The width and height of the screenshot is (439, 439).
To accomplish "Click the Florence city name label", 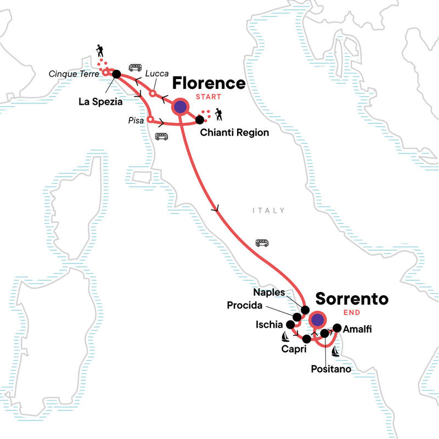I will (x=209, y=83).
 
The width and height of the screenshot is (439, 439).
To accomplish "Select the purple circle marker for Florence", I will (x=180, y=107).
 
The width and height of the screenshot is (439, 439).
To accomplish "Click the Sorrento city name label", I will (x=352, y=300).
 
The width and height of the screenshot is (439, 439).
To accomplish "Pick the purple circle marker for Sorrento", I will (x=316, y=319).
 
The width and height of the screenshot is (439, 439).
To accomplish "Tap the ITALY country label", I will (x=269, y=210).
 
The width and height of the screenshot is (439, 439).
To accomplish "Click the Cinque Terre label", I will (x=74, y=74).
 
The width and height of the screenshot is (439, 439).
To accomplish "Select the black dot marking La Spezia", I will (x=116, y=74).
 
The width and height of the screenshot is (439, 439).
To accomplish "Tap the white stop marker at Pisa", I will (x=150, y=117).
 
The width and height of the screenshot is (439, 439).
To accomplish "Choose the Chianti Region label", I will (x=234, y=132).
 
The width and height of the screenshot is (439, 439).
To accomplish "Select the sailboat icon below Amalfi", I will (x=335, y=350).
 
